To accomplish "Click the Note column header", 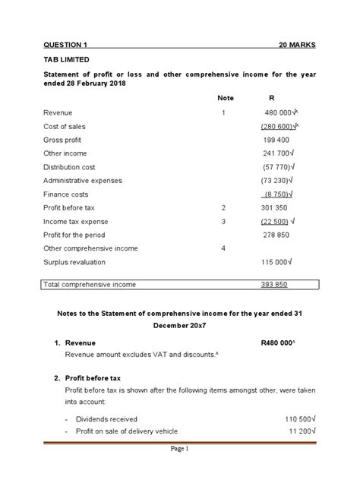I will click(225, 99).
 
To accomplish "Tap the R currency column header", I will click(273, 99).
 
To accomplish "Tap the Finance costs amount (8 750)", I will click(278, 194).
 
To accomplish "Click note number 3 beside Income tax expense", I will click(223, 221).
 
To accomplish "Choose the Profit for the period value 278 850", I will click(276, 235).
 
